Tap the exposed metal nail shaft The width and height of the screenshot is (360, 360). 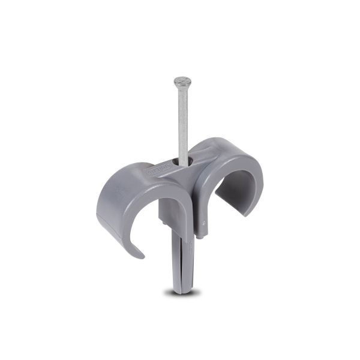181,120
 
